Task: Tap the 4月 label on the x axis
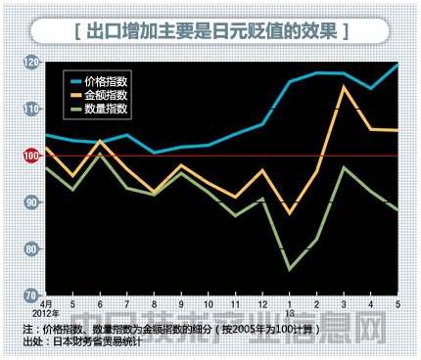47,305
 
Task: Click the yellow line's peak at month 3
344,87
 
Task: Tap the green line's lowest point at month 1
290,269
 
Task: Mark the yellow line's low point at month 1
290,212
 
